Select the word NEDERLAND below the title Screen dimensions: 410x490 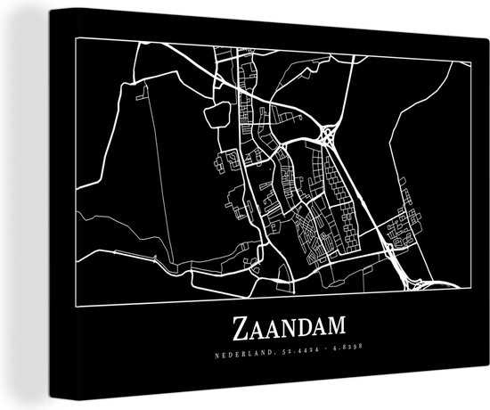click(233, 357)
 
